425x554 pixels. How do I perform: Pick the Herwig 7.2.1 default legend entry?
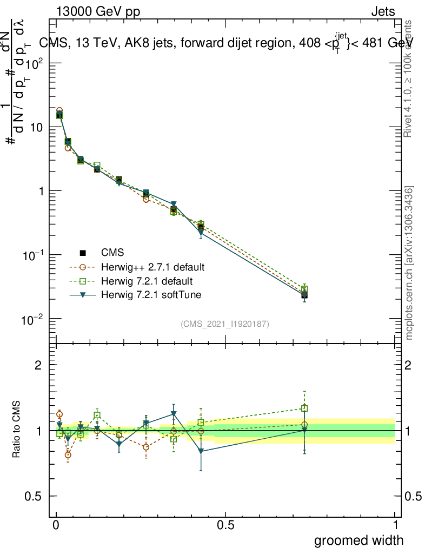[147, 281]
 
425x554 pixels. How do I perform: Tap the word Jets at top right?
[382, 12]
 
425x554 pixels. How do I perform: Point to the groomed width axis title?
[359, 539]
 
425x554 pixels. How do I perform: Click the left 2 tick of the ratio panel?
[38, 365]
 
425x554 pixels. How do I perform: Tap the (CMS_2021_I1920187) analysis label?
[225, 324]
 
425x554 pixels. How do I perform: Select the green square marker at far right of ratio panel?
[304, 408]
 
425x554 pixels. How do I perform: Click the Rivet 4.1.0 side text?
[409, 78]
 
